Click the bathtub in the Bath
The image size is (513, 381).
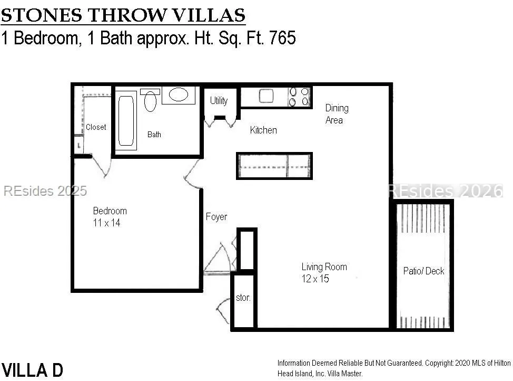pos(126,120)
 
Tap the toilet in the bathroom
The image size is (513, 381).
pos(150,100)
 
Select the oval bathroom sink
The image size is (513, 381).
pos(179,94)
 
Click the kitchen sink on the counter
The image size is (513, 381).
pos(266,96)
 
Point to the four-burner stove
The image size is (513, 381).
pos(299,97)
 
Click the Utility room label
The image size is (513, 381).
pos(219,101)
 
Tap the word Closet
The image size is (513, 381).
pos(96,127)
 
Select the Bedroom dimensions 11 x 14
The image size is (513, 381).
pos(107,223)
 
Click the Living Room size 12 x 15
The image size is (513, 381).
pos(315,279)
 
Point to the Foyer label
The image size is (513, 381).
pos(216,217)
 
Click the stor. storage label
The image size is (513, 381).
pos(243,298)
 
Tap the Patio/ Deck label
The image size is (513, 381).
pos(423,271)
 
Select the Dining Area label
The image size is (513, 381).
pos(337,114)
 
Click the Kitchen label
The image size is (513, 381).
pos(263,130)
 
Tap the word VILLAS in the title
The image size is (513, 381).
pos(209,15)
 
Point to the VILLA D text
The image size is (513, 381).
pos(32,370)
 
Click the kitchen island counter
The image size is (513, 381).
pos(274,166)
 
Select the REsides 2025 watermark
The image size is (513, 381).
pos(45,191)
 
